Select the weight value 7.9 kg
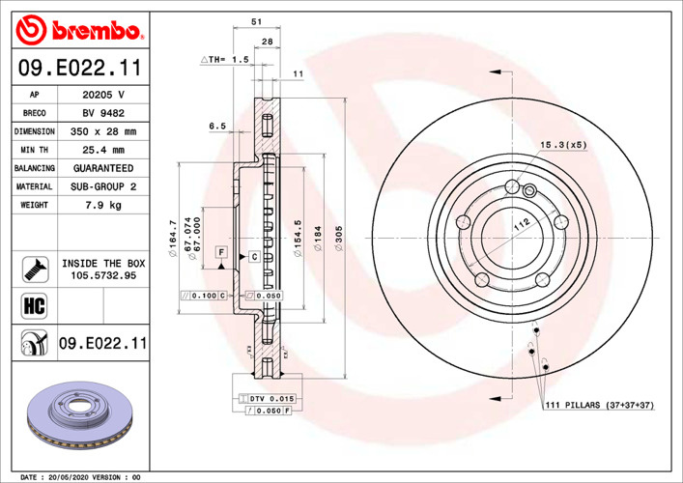(x=103, y=205)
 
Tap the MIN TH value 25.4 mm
(x=103, y=150)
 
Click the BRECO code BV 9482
(x=103, y=113)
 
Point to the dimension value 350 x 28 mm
(x=103, y=131)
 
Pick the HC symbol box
(x=35, y=306)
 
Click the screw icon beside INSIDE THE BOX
(x=36, y=270)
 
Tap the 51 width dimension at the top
(x=257, y=21)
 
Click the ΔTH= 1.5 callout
(x=225, y=59)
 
